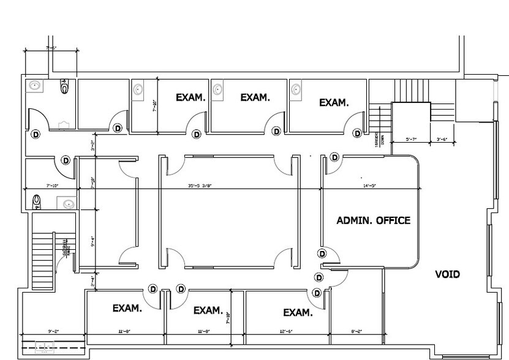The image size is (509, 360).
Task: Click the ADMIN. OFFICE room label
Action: [x=373, y=220]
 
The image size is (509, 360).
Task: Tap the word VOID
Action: [x=447, y=274]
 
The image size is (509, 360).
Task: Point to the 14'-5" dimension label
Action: [x=369, y=186]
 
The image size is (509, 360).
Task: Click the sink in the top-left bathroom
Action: [x=34, y=86]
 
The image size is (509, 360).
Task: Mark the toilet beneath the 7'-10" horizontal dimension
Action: [x=37, y=200]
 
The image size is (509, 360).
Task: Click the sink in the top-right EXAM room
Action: [x=296, y=90]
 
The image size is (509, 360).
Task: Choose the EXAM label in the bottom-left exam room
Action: [x=127, y=309]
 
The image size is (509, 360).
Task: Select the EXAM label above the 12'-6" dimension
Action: [x=298, y=313]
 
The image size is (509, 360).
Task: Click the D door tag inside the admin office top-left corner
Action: [x=334, y=157]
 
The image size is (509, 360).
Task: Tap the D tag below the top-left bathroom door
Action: [x=35, y=133]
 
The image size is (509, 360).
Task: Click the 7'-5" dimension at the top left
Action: [x=51, y=48]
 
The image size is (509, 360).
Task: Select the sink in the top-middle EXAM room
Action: [x=217, y=90]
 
